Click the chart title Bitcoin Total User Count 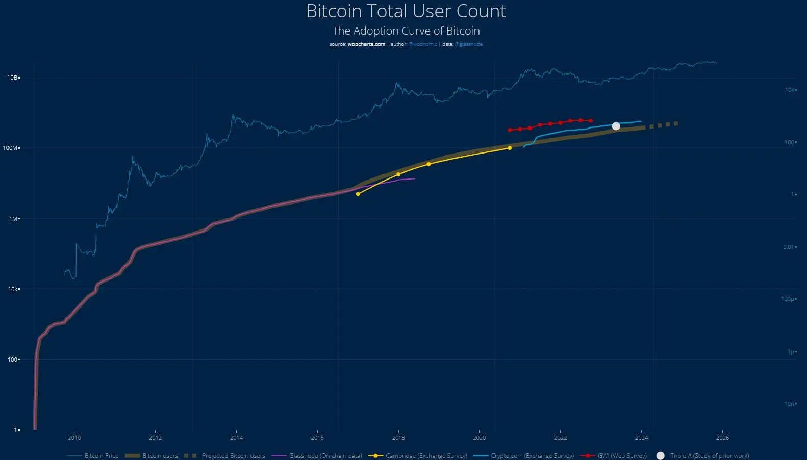click(406, 11)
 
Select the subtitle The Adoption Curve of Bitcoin click(406, 31)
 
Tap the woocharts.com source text click(366, 44)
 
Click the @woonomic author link click(422, 44)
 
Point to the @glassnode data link click(468, 44)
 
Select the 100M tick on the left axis click(10, 148)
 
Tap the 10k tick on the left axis click(13, 289)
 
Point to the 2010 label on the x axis click(74, 438)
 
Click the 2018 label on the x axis click(398, 438)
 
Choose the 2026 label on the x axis click(722, 438)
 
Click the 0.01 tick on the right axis click(789, 247)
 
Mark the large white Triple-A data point click(616, 126)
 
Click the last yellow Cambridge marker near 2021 click(510, 148)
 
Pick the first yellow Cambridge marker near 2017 click(358, 194)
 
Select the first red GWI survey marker click(510, 130)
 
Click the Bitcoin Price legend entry click(101, 456)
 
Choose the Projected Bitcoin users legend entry click(233, 456)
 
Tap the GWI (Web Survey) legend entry click(622, 456)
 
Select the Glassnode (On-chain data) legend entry click(325, 456)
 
